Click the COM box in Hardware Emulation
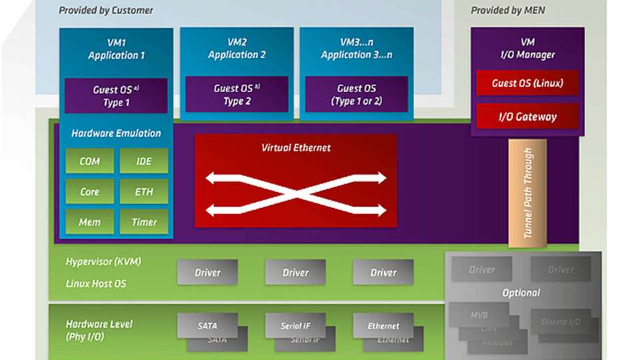coord(89,161)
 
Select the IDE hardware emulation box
coord(144,161)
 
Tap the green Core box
coord(89,191)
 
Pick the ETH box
coord(144,191)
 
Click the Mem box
coord(89,222)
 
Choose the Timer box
coord(144,222)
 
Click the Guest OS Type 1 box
coord(116,95)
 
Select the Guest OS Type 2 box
coord(237,95)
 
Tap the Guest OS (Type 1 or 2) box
coord(356,95)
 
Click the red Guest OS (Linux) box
coord(527,83)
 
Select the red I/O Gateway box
coord(527,117)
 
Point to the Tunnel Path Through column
coord(527,193)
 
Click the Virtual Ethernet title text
coord(296,147)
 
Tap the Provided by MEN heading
coord(508,10)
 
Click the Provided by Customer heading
coord(105,10)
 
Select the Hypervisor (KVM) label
coord(103,261)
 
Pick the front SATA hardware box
coord(207,326)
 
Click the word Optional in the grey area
coord(521,293)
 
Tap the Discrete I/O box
coord(560,322)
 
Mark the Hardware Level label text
coord(99,324)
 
